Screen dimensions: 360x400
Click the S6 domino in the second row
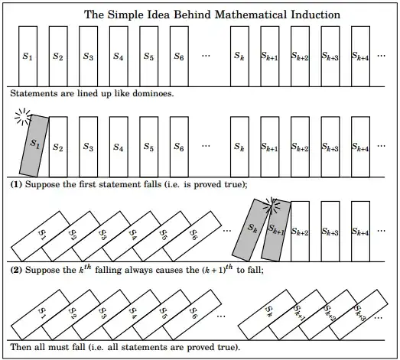click(179, 147)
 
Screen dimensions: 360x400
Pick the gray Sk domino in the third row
click(253, 228)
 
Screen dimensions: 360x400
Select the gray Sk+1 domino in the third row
click(276, 230)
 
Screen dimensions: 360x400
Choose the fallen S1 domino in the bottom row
click(44, 313)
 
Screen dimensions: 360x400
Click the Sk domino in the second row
click(239, 147)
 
